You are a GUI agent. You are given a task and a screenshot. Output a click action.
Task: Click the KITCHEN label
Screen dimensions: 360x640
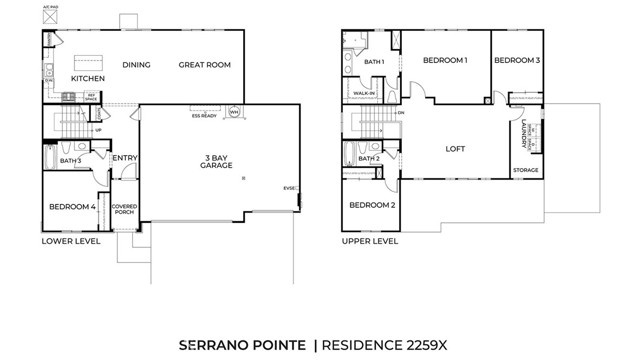(88, 78)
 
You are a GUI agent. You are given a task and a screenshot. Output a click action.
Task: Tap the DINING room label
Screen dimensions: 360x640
(136, 65)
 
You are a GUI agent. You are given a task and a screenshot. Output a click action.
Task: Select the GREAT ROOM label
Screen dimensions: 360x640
(204, 65)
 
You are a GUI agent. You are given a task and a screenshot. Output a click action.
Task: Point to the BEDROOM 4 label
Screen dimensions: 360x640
(72, 207)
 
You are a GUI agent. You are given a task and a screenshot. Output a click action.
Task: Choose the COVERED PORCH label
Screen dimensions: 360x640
(125, 209)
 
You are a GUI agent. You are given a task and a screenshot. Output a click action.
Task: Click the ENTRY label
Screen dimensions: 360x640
(125, 158)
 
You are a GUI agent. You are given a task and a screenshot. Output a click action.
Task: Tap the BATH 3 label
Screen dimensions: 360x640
(70, 160)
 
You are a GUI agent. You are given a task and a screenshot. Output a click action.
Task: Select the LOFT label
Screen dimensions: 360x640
(455, 149)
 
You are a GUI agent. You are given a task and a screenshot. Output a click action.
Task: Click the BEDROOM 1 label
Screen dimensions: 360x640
(445, 60)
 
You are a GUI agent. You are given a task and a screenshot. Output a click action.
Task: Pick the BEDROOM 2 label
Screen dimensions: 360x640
(372, 205)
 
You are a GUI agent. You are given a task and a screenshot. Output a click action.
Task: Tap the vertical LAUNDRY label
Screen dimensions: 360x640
(524, 134)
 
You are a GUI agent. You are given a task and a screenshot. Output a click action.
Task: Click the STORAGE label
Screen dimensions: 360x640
(525, 171)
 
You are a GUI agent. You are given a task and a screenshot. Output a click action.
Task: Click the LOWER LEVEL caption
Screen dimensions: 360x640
(71, 241)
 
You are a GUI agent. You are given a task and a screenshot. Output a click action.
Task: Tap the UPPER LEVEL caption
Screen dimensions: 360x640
(370, 241)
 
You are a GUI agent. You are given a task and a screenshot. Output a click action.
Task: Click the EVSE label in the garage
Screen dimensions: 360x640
(290, 188)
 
